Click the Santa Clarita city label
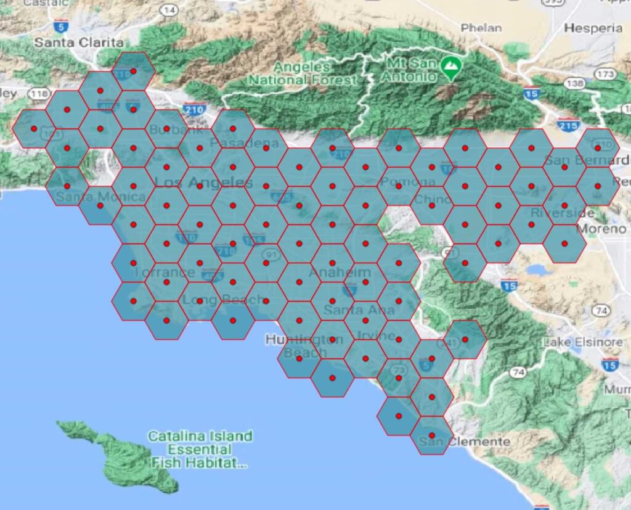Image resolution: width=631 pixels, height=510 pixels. pos(78,43)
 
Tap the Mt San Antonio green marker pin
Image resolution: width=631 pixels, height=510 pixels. pos(454,64)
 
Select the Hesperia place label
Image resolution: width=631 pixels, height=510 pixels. pos(593,28)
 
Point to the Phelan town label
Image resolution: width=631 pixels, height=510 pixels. pos(481,28)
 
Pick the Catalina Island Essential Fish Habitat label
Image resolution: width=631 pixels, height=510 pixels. pos(200,450)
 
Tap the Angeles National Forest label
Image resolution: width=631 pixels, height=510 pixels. pos(303,73)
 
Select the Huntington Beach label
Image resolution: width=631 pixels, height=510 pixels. pos(296,346)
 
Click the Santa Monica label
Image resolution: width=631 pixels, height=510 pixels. pos(100,197)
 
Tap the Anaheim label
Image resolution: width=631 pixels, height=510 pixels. pos(340,273)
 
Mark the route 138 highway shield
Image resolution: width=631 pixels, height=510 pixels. pos(574,83)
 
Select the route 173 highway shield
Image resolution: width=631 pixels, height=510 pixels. pos(606,75)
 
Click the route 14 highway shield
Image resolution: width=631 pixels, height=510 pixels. pos(169,10)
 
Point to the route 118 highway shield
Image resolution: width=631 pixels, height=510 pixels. pos(38,94)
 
